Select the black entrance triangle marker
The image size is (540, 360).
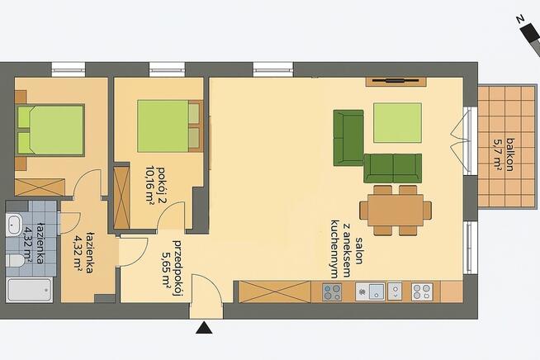point(203,329)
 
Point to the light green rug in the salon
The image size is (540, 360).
point(396,123)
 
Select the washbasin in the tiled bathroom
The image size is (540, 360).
point(16,225)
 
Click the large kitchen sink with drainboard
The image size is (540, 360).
point(371,291)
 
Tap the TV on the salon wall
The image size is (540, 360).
point(395,81)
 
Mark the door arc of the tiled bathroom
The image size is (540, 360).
point(69,224)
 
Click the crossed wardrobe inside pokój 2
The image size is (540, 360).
point(121,197)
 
